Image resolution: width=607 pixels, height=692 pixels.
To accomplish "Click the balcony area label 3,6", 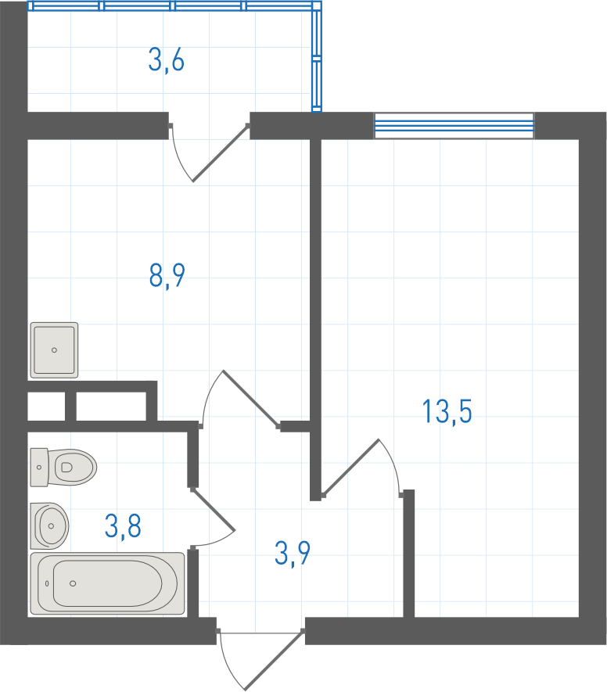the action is [x=166, y=60].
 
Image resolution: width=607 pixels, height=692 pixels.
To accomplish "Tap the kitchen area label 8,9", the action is [x=167, y=276].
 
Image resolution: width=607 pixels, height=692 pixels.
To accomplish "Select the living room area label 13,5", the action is [x=447, y=411].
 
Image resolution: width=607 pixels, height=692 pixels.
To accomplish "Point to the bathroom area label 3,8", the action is [x=123, y=525].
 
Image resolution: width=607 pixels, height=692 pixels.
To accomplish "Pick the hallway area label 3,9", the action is [x=293, y=553].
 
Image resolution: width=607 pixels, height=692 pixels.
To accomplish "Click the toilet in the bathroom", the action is [x=63, y=468].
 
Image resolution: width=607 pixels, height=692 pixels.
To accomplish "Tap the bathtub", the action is [x=107, y=583].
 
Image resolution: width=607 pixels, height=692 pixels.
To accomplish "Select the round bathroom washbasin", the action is [x=49, y=525].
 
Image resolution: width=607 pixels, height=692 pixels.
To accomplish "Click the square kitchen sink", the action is [x=54, y=350].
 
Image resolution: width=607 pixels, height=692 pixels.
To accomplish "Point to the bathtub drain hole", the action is [x=73, y=583].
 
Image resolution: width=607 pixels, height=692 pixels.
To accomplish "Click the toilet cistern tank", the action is [x=39, y=468].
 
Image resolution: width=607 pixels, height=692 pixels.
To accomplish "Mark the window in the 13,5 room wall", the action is [x=454, y=126].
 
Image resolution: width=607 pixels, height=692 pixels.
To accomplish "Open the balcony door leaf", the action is [x=221, y=153].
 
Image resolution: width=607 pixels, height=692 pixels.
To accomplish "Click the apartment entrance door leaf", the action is [x=274, y=660].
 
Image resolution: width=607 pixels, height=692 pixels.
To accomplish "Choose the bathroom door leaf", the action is [x=214, y=509].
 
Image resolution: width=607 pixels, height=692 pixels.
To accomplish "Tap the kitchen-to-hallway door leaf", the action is [x=251, y=399].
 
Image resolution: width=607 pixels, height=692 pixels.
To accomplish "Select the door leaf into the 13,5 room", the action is [x=351, y=468].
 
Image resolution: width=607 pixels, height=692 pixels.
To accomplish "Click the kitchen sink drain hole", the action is [x=54, y=350].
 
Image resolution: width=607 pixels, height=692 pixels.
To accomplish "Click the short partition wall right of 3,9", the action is [x=409, y=553].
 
